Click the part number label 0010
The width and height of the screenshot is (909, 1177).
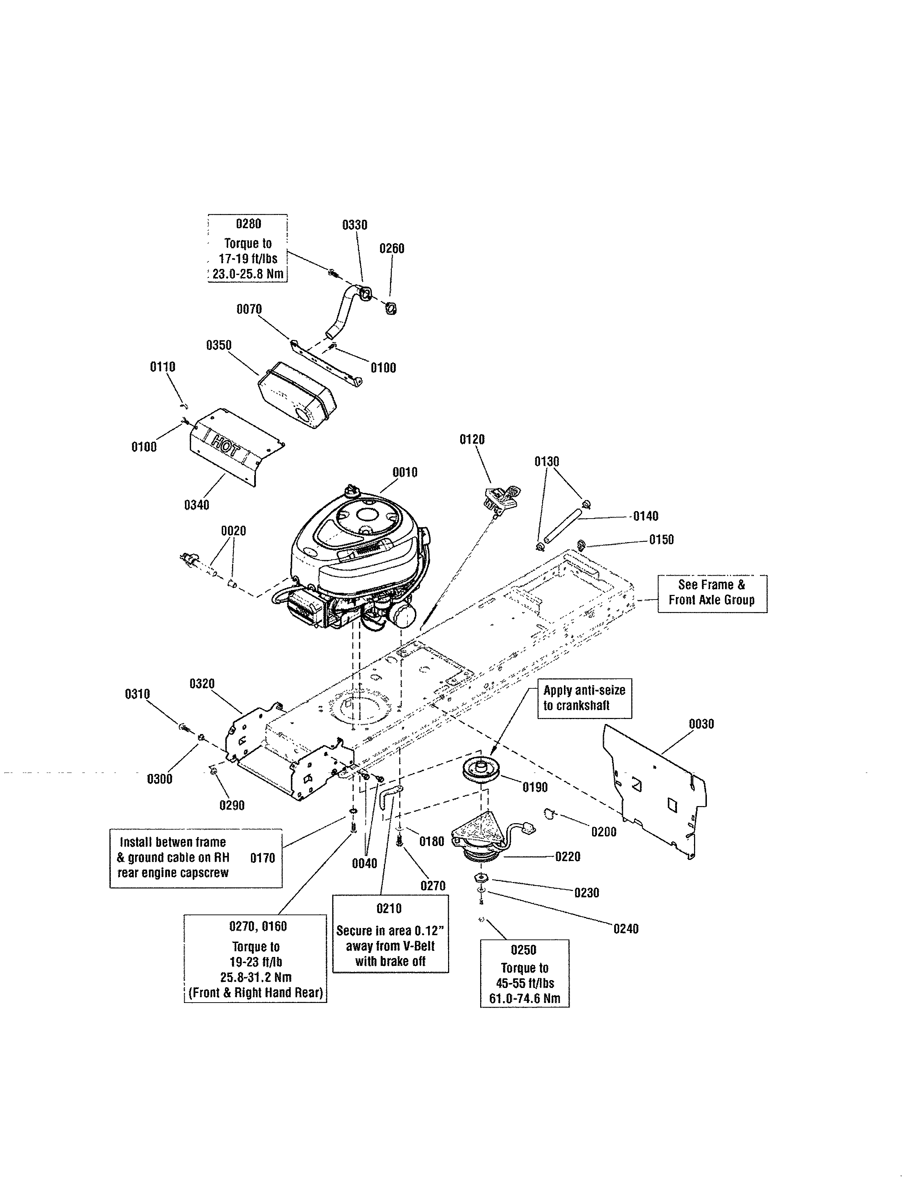[x=405, y=473]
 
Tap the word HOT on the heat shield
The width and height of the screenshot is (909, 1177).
[x=225, y=446]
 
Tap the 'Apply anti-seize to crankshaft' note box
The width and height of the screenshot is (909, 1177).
[x=584, y=698]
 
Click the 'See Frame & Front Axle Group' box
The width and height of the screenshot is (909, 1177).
[x=712, y=593]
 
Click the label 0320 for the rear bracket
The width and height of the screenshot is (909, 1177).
[x=202, y=684]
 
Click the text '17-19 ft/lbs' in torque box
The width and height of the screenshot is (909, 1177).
[x=248, y=259]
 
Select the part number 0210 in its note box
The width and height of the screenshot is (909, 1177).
[x=389, y=909]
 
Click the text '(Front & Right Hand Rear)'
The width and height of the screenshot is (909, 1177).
[x=256, y=993]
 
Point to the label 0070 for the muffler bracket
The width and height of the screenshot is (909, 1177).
[x=249, y=309]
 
